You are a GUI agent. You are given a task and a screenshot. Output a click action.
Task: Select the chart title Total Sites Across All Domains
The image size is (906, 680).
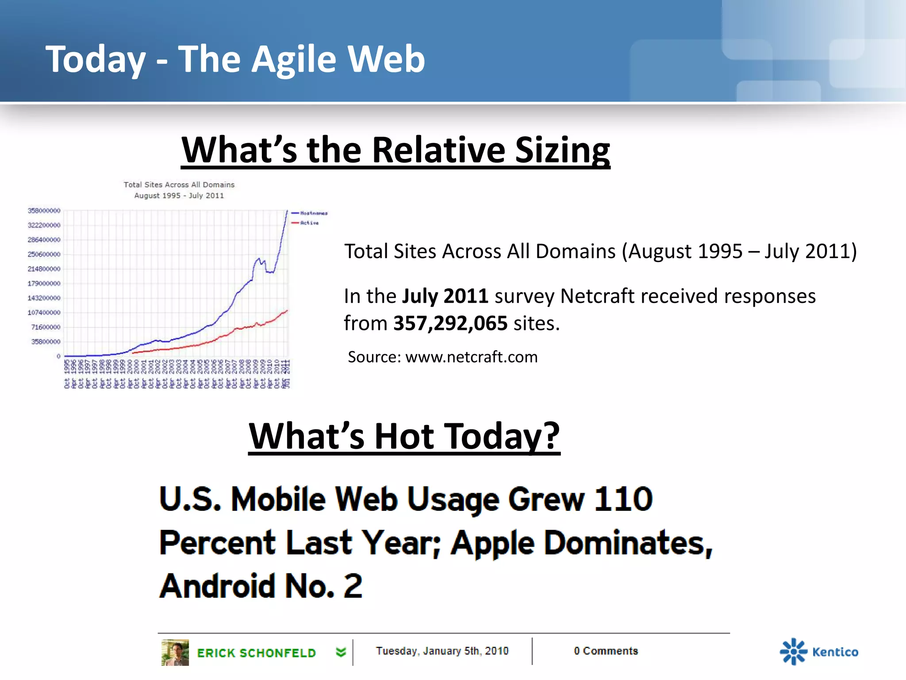click(x=179, y=185)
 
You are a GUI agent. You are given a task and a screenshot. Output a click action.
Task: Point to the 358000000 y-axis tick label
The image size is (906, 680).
click(x=44, y=211)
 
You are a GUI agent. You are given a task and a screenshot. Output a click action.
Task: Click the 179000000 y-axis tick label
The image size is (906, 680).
click(x=44, y=283)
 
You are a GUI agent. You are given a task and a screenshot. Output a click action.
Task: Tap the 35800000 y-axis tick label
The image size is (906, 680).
click(x=46, y=342)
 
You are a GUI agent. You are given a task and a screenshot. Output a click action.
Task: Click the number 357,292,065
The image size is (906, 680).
click(x=450, y=324)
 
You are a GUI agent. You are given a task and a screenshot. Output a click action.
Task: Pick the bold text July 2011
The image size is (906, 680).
click(x=445, y=296)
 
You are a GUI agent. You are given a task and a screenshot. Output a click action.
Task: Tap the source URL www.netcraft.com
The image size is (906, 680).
click(x=471, y=357)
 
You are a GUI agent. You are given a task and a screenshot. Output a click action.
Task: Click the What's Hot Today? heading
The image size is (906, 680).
click(x=404, y=437)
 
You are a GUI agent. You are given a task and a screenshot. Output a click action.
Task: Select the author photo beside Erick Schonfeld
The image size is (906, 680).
click(x=175, y=652)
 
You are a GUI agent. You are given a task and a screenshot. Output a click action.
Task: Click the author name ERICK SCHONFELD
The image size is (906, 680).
click(x=256, y=653)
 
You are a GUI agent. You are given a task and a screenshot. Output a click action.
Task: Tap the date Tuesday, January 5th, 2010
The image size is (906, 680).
click(x=442, y=651)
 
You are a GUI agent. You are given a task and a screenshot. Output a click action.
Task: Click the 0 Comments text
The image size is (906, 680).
click(x=606, y=651)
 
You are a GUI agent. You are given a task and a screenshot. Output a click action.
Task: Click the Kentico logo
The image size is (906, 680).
click(x=819, y=652)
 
